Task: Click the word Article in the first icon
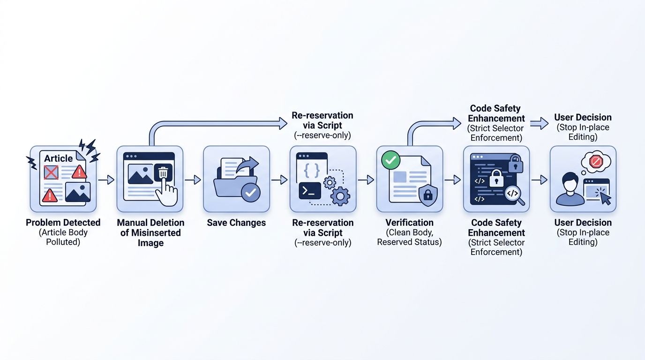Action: (x=58, y=158)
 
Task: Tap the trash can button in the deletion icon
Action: (x=163, y=172)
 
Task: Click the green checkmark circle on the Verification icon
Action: (x=391, y=160)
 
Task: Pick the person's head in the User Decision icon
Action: (x=570, y=181)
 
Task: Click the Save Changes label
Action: (x=236, y=223)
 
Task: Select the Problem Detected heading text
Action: (x=63, y=222)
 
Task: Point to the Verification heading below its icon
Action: (x=410, y=222)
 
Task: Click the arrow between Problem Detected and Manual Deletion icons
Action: (x=106, y=180)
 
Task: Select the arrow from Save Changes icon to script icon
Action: (x=279, y=180)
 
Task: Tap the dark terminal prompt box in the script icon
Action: (x=310, y=191)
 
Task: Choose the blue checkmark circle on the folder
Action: (x=250, y=192)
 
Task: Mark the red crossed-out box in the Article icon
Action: (x=51, y=172)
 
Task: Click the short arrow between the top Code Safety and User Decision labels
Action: (x=540, y=124)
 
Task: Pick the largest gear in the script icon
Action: (x=340, y=196)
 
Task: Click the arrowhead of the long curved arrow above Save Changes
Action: (x=283, y=124)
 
